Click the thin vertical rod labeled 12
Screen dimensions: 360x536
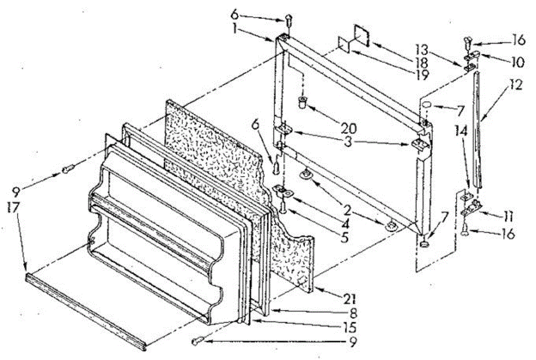point(478,130)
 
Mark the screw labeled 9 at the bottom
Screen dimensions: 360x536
point(196,341)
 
